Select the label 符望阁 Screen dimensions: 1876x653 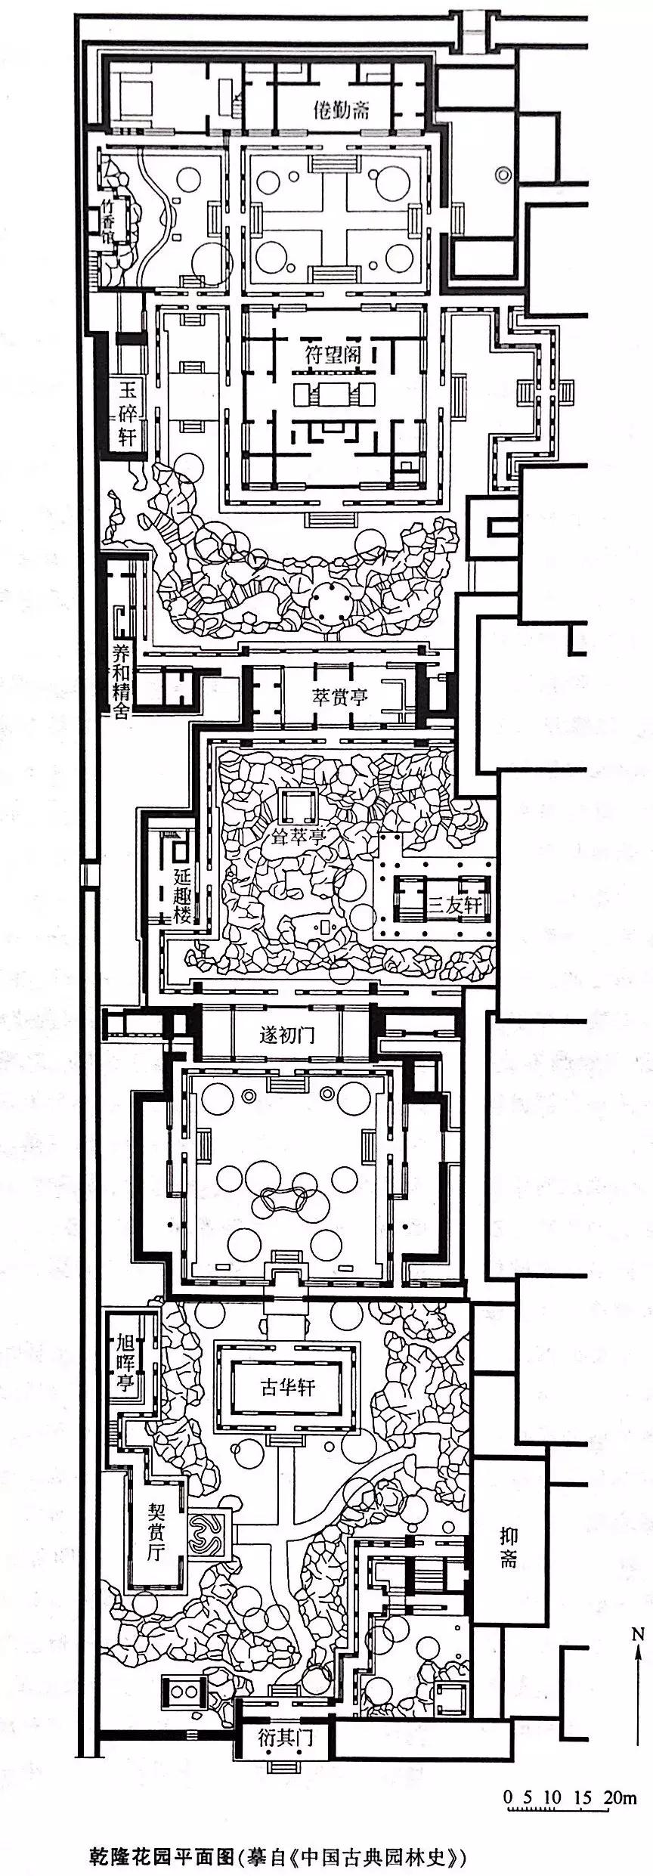[x=333, y=355]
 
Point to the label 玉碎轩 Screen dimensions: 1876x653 [x=126, y=414]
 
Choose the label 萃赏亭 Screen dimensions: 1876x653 [x=340, y=695]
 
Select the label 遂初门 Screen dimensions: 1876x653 [x=288, y=1035]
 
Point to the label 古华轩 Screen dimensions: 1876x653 [x=288, y=1386]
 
